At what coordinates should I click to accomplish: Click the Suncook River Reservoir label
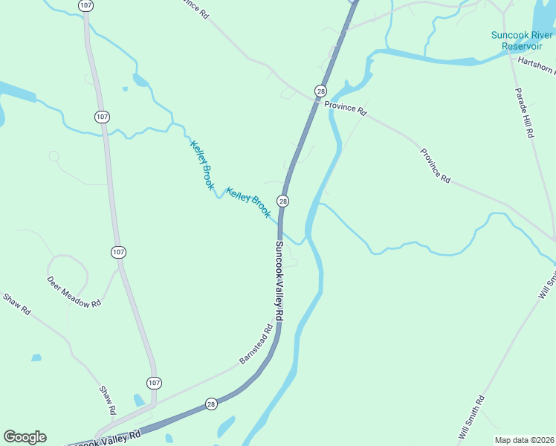pos(522,39)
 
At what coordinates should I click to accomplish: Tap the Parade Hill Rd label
pos(525,112)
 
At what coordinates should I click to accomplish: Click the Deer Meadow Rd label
pos(74,293)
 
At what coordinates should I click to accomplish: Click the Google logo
pos(25,437)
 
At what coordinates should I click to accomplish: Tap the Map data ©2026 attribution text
pos(524,439)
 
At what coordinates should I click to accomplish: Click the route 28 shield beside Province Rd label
pos(320,91)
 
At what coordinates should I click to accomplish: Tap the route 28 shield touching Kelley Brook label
pos(282,201)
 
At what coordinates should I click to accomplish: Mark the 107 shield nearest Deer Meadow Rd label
pos(118,252)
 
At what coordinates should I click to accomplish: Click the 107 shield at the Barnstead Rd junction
pos(153,383)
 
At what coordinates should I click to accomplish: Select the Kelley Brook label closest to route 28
pos(248,202)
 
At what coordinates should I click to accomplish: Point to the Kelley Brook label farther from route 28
pos(201,165)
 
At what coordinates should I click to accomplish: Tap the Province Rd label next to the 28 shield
pos(346,109)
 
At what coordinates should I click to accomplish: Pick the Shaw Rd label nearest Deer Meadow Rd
pos(16,304)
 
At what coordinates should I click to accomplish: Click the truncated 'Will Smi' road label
pos(546,284)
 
